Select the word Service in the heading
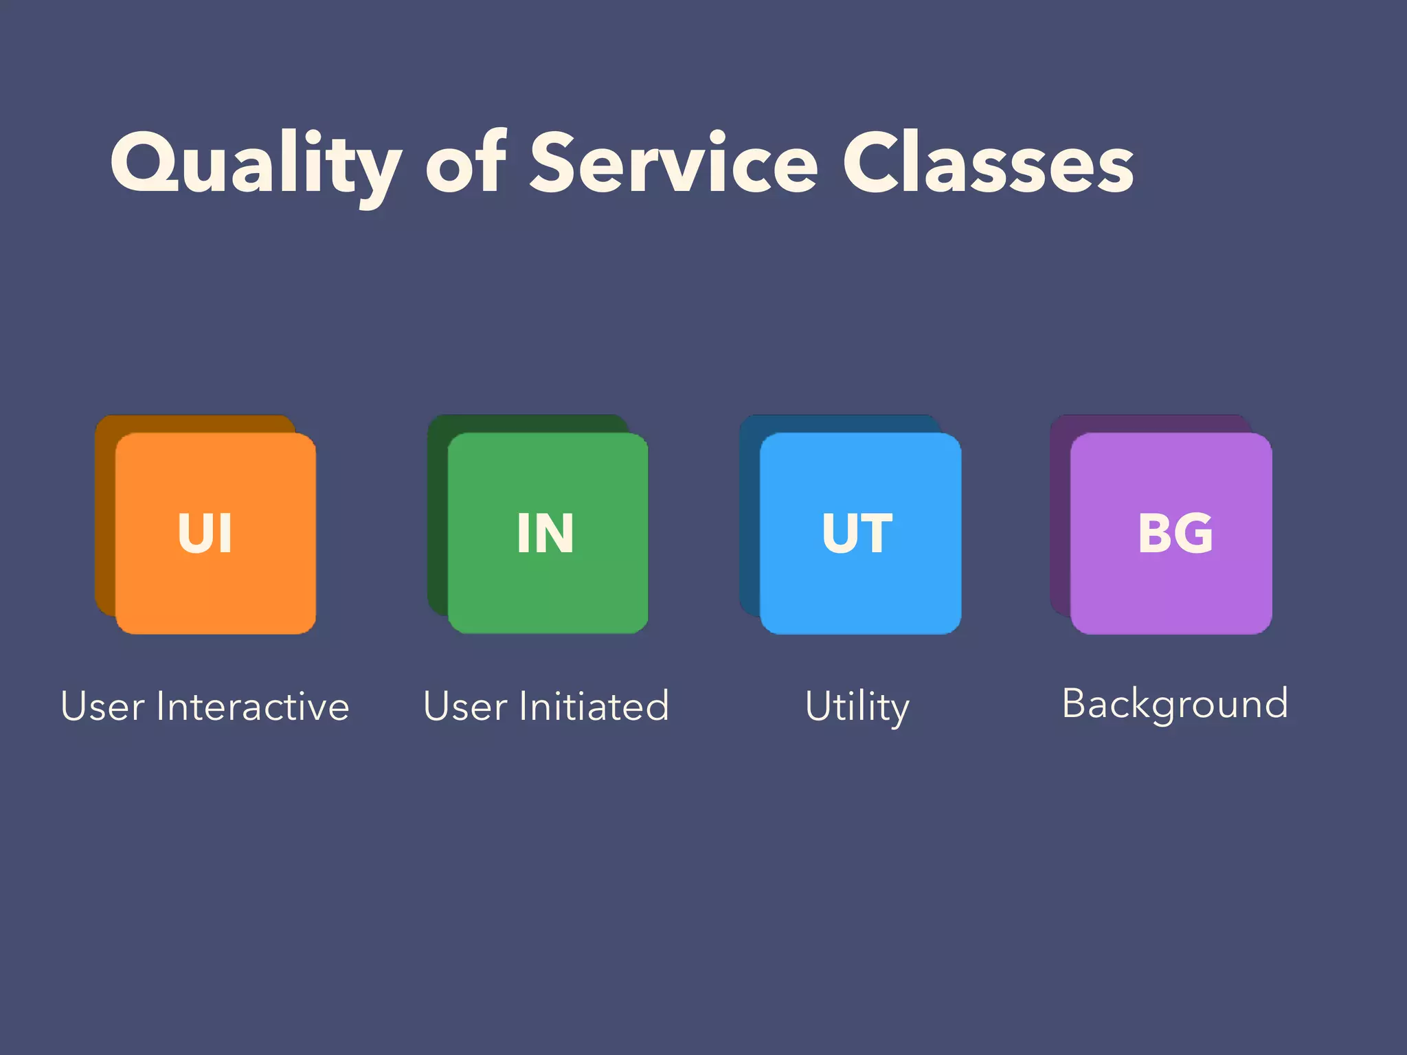tap(673, 165)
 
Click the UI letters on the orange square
tap(205, 533)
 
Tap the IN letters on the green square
tap(545, 533)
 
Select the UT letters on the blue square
tap(857, 533)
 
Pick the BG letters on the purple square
tap(1175, 533)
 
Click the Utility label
tap(857, 707)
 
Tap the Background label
tap(1175, 705)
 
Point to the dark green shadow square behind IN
tap(437, 515)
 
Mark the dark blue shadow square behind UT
tap(749, 515)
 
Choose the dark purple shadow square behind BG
tap(1060, 515)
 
